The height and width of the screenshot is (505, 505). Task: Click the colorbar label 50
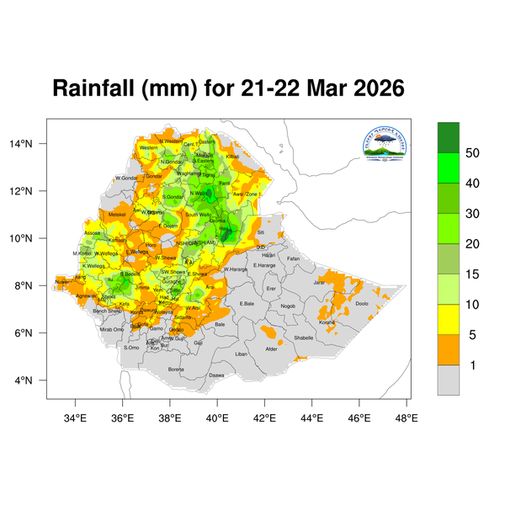pyautogui.click(x=474, y=153)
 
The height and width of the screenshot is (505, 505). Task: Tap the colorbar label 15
pyautogui.click(x=474, y=274)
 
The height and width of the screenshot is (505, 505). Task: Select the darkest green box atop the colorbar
pyautogui.click(x=448, y=136)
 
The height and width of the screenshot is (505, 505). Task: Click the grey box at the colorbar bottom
pyautogui.click(x=448, y=380)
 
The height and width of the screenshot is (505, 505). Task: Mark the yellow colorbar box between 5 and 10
pyautogui.click(x=448, y=319)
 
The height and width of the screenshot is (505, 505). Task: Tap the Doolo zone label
pyautogui.click(x=362, y=304)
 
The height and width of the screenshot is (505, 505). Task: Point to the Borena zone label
pyautogui.click(x=176, y=369)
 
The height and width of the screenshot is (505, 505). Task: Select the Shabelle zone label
pyautogui.click(x=303, y=338)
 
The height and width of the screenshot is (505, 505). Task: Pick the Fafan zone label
pyautogui.click(x=293, y=258)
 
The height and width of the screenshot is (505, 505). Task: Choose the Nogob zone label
pyautogui.click(x=288, y=306)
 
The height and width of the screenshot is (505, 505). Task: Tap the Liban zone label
pyautogui.click(x=242, y=354)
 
